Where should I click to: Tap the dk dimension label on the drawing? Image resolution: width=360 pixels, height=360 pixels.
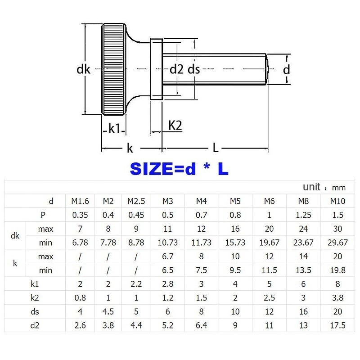click(84, 69)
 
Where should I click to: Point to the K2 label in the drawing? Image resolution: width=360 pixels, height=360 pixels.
click(175, 126)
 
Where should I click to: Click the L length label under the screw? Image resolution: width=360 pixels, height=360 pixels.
click(216, 148)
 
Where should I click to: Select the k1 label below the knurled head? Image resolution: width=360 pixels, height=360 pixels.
click(114, 128)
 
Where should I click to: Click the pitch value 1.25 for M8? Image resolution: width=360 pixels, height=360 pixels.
click(305, 215)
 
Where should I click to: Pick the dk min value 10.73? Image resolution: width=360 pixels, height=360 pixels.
click(168, 243)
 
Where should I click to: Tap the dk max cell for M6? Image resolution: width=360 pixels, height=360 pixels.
click(269, 229)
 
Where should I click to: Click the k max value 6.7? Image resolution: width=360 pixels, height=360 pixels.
click(168, 256)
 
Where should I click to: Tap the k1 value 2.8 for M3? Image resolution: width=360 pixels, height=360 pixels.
click(168, 284)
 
